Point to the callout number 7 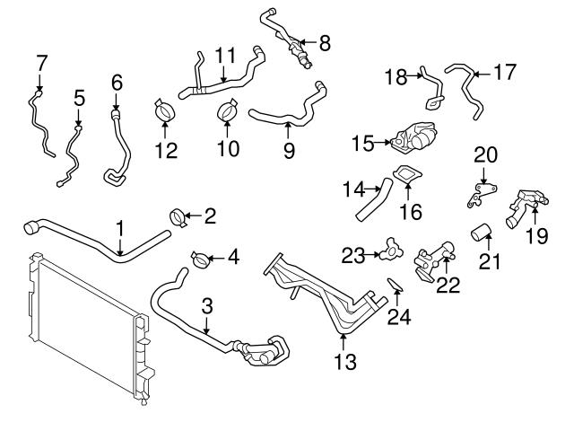click(x=39, y=62)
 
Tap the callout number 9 click(x=289, y=151)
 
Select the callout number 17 click(x=505, y=73)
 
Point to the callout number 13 click(x=344, y=363)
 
